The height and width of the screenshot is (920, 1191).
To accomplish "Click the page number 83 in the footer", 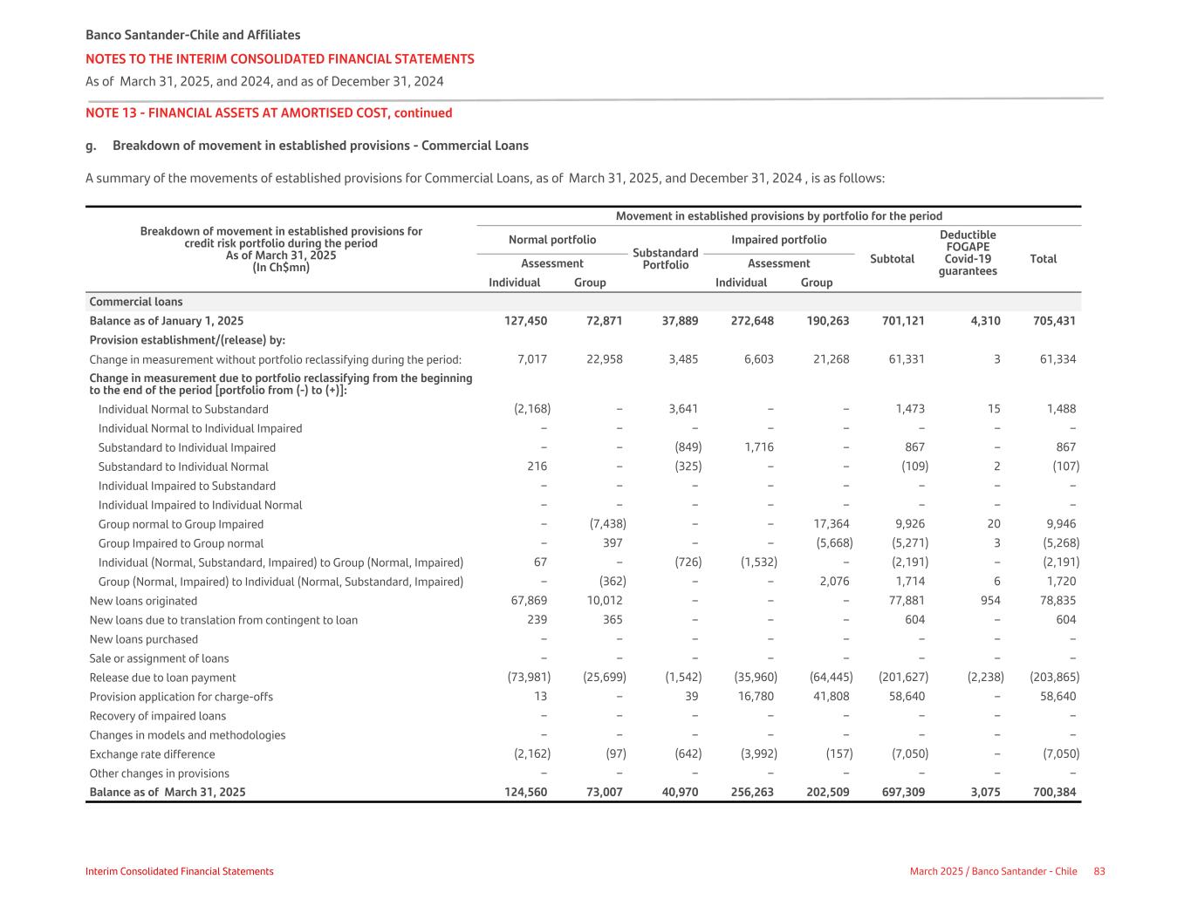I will [x=1099, y=871].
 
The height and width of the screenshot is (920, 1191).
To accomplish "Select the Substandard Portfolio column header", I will [x=665, y=259].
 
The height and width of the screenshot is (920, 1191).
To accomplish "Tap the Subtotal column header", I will [x=892, y=259].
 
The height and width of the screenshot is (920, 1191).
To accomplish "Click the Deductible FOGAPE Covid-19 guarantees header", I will [x=968, y=253].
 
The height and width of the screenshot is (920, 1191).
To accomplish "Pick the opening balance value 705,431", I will [x=1053, y=321].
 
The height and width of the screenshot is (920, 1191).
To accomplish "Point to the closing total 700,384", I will [x=1053, y=793].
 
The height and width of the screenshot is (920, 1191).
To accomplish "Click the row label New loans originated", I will [x=143, y=601].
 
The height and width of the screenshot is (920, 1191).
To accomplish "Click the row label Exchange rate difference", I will [x=152, y=754].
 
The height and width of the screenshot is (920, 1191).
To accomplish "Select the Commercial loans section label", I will [x=136, y=302].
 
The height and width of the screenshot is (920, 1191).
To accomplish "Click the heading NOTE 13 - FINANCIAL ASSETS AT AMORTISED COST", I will [x=269, y=113].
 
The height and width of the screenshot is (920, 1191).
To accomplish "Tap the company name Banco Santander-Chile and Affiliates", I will [x=193, y=36].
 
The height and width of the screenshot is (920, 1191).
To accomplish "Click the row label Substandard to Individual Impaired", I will [x=187, y=447].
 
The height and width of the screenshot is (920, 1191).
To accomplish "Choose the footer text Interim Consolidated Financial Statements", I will [x=179, y=871].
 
